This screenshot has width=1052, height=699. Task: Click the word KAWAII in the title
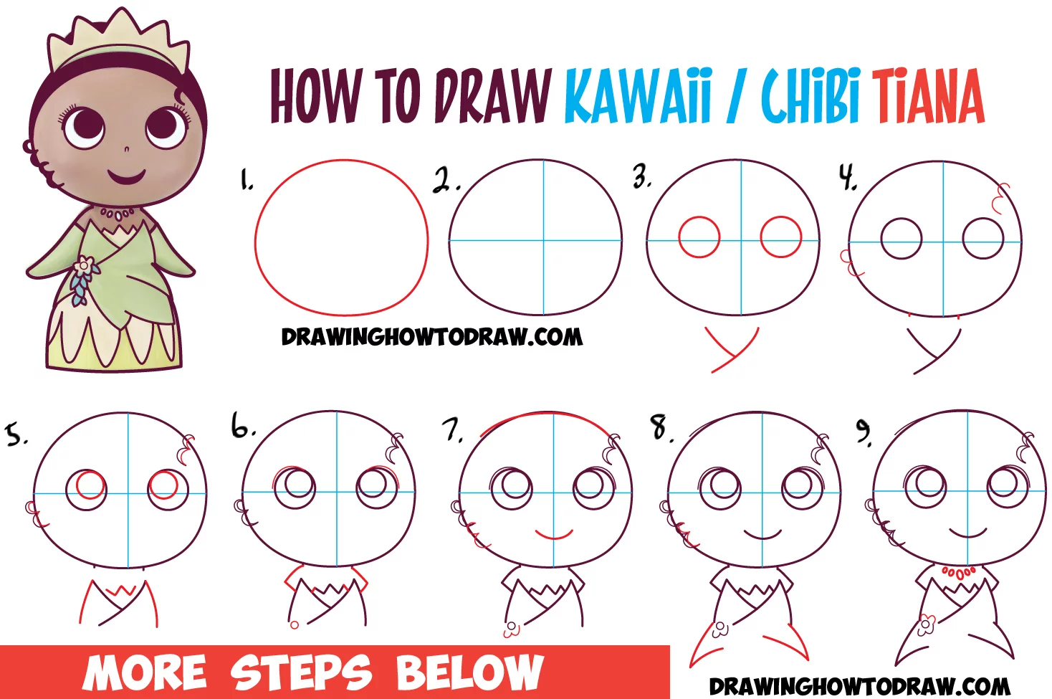click(637, 96)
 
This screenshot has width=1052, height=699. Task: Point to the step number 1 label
click(247, 180)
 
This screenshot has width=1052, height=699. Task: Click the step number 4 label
click(848, 178)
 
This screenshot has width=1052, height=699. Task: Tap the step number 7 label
click(452, 430)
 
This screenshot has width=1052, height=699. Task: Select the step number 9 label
click(864, 432)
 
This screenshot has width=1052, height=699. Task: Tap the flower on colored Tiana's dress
click(85, 265)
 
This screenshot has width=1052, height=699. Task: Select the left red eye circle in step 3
click(699, 237)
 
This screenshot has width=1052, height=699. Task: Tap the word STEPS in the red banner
click(301, 672)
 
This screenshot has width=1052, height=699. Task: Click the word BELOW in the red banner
click(469, 672)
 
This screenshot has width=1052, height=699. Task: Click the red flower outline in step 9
click(925, 625)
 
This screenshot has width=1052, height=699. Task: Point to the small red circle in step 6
click(295, 625)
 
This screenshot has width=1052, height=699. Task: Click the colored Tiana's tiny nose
click(126, 149)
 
